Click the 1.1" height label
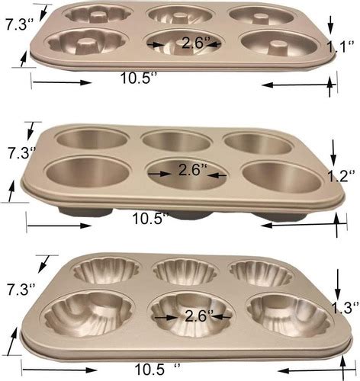[339, 47]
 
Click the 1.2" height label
[341, 176]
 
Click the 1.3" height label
[346, 308]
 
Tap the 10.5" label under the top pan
[139, 78]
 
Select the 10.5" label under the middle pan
[150, 218]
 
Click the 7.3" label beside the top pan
[20, 24]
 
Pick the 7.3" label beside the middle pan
[21, 152]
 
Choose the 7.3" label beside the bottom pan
[21, 290]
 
